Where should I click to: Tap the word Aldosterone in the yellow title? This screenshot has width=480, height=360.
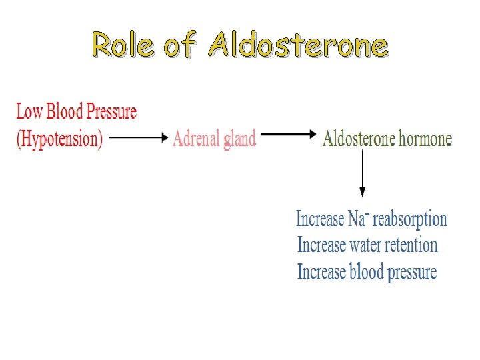point(297,45)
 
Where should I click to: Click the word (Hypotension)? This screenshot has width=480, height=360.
point(59,139)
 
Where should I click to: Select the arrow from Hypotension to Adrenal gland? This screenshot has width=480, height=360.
point(137,138)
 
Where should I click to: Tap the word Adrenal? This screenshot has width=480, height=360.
point(197,139)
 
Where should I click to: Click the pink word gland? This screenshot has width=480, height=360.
point(240,139)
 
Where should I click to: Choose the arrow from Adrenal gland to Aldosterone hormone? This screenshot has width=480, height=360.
point(287,134)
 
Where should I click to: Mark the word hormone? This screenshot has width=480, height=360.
point(425,139)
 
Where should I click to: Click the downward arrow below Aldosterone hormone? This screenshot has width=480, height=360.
point(362,173)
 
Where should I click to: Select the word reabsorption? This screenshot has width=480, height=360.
point(409,219)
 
